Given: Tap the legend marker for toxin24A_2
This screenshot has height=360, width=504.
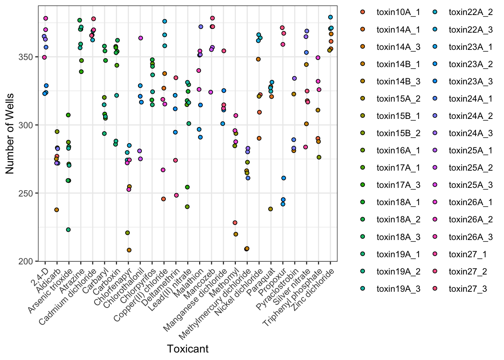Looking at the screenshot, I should [435, 116].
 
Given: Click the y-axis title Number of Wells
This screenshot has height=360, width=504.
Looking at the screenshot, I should [10, 133].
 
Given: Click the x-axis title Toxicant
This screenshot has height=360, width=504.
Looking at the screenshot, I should [188, 349].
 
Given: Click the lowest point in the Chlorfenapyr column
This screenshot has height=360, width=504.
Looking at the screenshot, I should [129, 250].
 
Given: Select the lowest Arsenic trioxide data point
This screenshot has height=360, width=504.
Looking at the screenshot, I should [68, 229].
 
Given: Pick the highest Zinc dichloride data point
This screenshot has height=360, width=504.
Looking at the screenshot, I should [330, 17].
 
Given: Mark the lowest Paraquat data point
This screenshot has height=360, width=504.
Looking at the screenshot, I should [270, 209].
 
